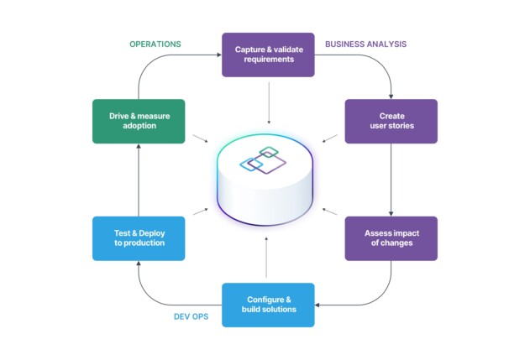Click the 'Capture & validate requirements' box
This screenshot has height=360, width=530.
[268, 55]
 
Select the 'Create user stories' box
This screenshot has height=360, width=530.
[391, 121]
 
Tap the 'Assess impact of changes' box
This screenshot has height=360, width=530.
[391, 237]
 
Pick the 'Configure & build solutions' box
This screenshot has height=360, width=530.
[268, 305]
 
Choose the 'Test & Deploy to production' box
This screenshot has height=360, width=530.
[139, 237]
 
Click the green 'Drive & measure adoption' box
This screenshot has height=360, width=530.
[139, 121]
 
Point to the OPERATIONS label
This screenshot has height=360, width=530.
[155, 44]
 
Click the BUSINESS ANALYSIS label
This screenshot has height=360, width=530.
[365, 44]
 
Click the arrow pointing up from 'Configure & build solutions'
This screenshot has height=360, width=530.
[267, 256]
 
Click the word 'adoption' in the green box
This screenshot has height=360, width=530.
[139, 127]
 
